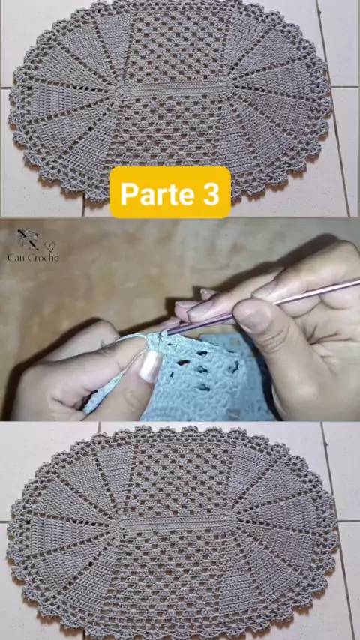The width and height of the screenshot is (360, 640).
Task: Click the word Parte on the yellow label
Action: click(x=157, y=193)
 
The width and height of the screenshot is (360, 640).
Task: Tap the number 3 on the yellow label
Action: click(x=211, y=193)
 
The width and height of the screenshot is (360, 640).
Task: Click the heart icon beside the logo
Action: click(x=49, y=246)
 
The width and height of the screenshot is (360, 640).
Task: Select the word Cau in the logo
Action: click(x=16, y=258)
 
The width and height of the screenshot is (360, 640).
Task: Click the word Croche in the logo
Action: click(x=43, y=258)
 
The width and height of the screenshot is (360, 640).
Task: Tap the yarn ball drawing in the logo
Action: click(x=27, y=239)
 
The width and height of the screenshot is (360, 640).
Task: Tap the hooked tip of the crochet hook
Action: click(x=165, y=334)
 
